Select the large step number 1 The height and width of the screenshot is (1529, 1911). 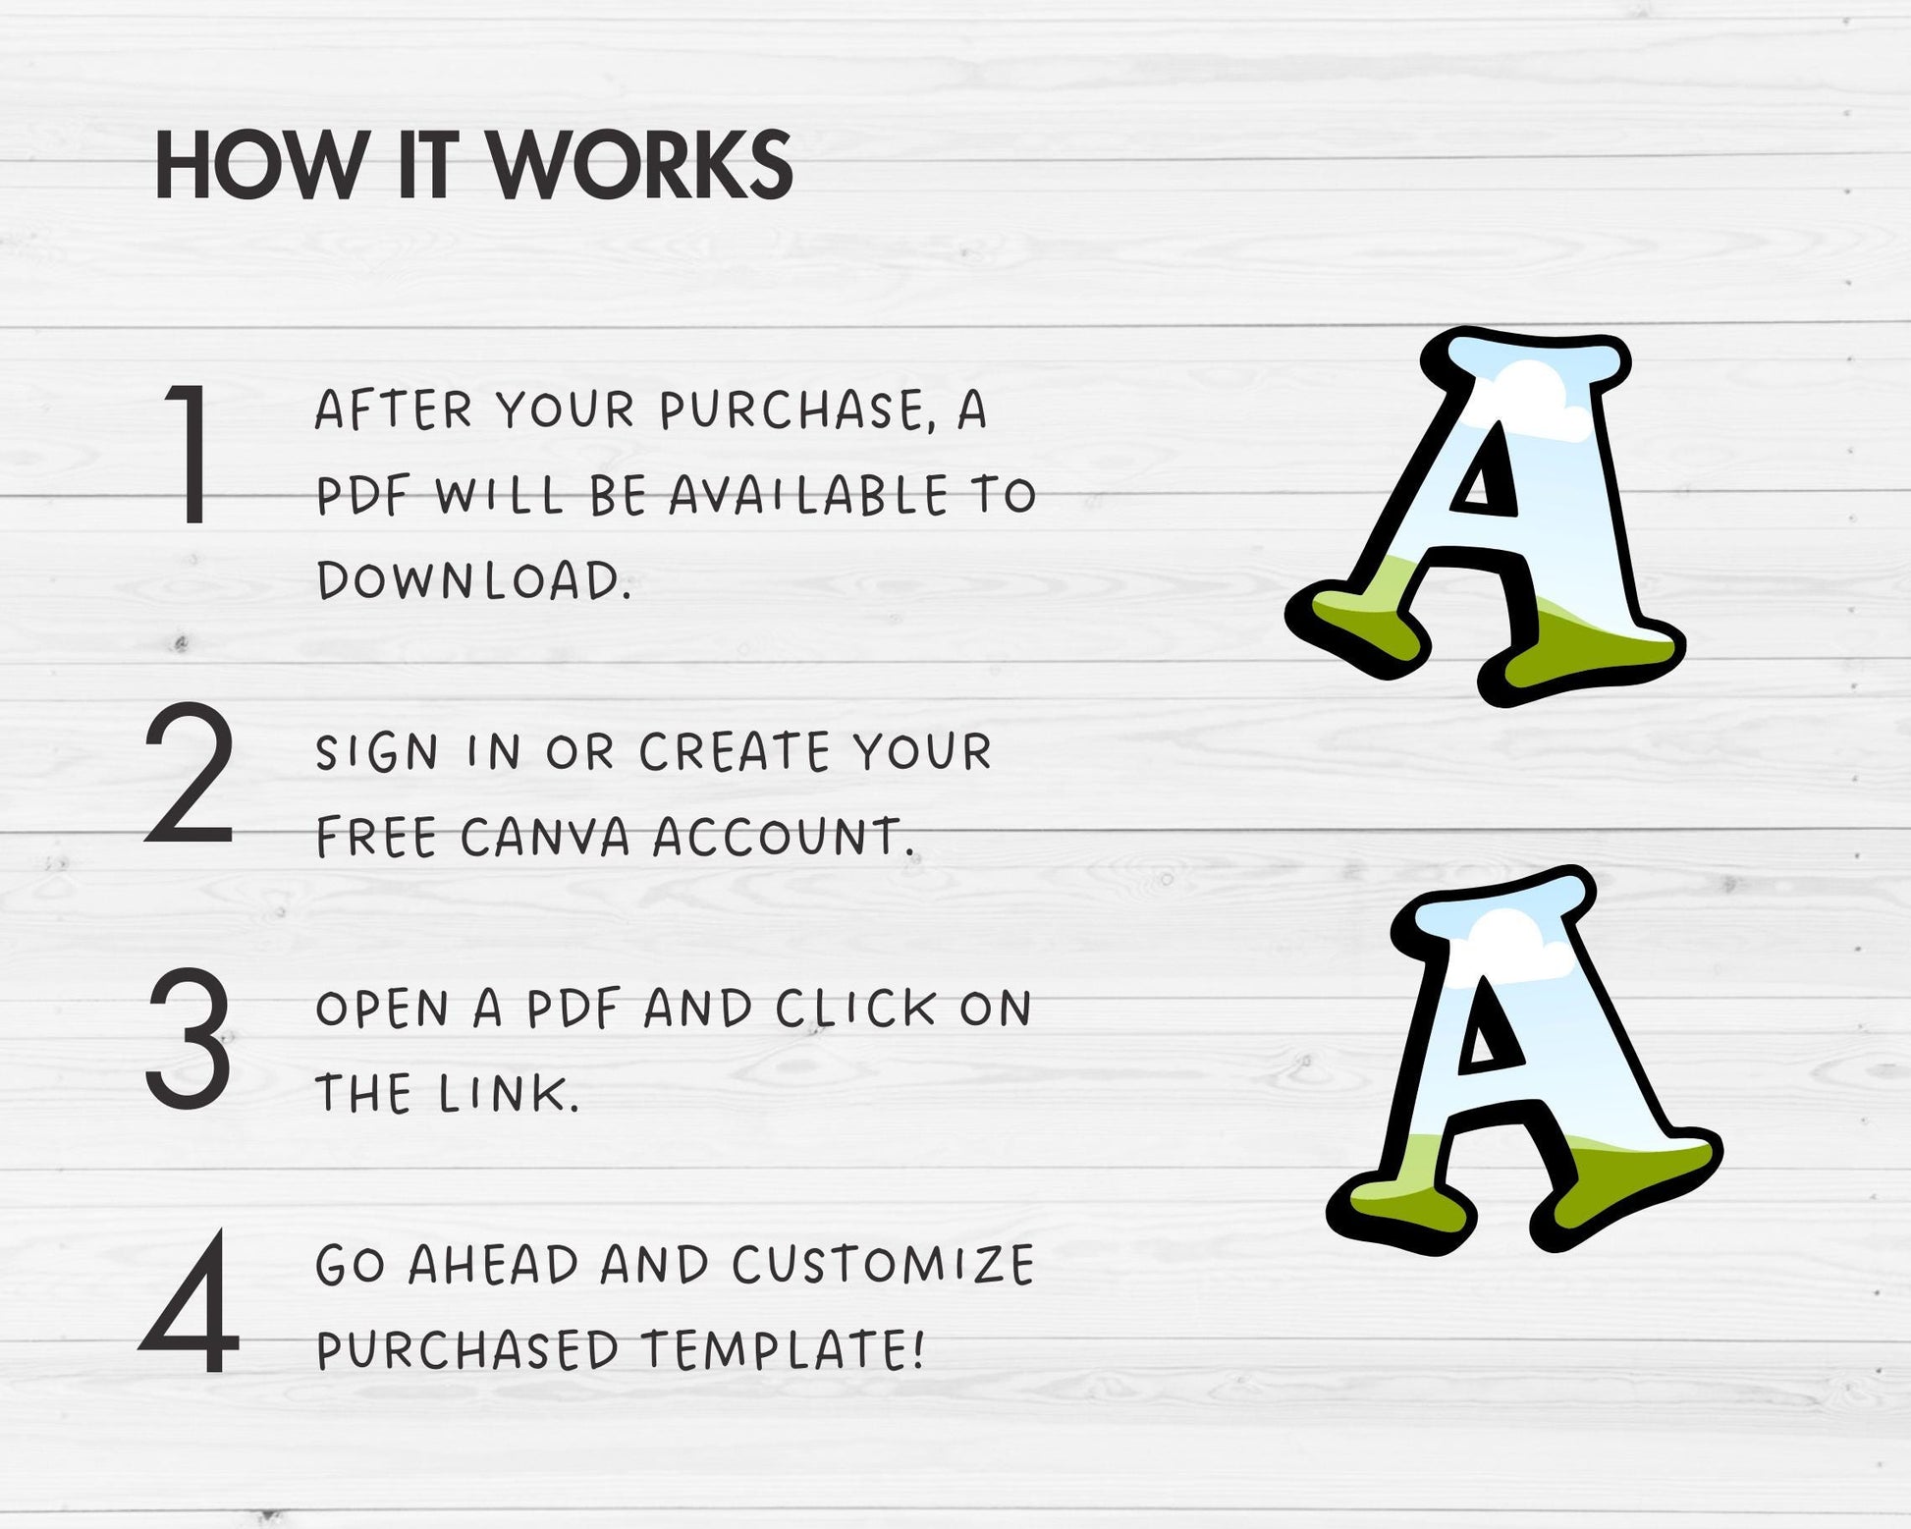click(190, 454)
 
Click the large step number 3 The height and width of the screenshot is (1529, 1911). click(189, 1037)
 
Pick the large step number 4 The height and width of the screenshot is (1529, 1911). click(189, 1300)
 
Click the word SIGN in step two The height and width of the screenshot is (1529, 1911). click(377, 753)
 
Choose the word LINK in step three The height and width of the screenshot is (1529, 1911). click(502, 1093)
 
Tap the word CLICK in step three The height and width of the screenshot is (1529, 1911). click(855, 1009)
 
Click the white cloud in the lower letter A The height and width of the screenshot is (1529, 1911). click(1517, 943)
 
